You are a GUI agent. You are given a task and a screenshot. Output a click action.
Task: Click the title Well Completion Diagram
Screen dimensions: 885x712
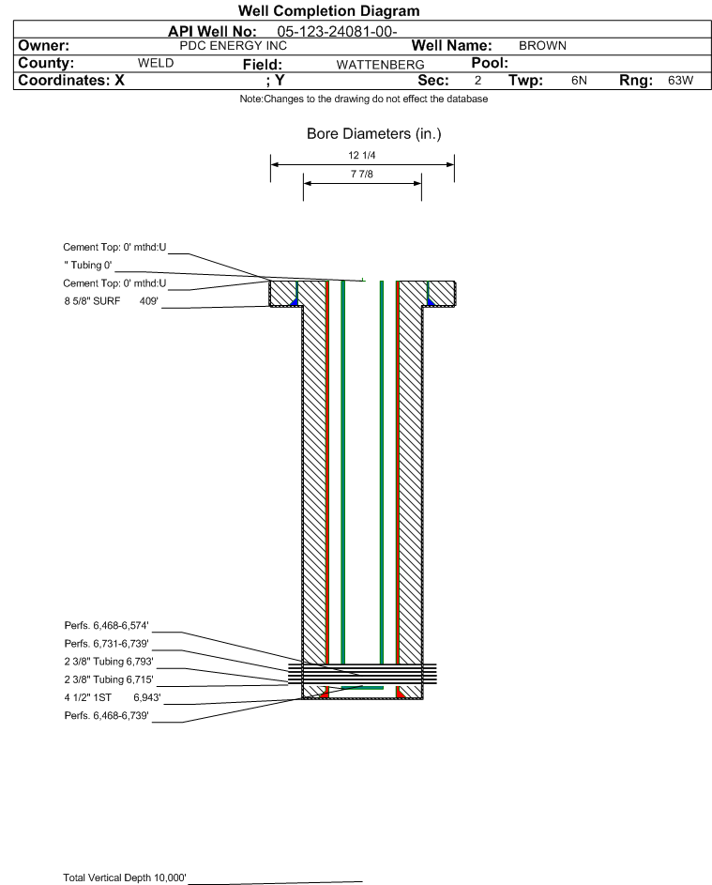(328, 11)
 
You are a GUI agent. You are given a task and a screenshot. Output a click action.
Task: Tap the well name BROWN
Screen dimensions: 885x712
(542, 45)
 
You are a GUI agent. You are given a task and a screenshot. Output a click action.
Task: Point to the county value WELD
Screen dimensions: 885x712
(156, 63)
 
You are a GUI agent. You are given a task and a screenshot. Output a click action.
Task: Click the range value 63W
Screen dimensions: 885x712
(680, 81)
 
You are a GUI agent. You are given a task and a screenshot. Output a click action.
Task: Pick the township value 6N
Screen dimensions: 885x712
(579, 81)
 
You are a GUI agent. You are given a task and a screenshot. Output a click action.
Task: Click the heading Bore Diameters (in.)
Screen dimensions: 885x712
(373, 134)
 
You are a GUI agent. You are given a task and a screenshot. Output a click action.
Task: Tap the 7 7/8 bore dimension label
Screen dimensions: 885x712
(361, 175)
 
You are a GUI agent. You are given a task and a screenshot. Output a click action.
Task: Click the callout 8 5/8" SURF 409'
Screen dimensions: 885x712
(110, 301)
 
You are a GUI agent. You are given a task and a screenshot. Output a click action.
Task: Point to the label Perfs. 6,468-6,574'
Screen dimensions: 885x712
(106, 625)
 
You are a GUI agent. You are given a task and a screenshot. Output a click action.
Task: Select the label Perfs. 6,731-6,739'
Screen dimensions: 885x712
(106, 643)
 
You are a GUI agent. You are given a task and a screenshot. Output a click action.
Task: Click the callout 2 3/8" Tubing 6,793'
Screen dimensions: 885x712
(108, 661)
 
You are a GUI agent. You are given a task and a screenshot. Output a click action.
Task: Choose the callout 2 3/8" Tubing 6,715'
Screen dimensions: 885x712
(108, 679)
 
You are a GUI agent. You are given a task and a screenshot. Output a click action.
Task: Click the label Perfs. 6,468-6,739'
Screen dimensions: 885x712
(106, 715)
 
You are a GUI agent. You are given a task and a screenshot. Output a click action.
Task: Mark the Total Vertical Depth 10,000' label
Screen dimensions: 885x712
(125, 877)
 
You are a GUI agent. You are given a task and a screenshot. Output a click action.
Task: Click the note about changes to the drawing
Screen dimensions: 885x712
(363, 99)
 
